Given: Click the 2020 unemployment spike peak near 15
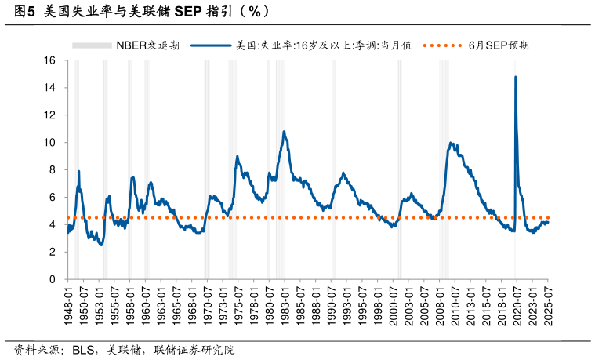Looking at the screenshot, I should click(515, 77).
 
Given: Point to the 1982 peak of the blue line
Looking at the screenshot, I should click(284, 132).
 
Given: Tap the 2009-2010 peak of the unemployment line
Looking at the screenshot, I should click(451, 144).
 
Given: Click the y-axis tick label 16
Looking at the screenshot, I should click(49, 60).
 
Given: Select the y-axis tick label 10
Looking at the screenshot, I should click(49, 143).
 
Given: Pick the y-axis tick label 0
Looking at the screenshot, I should click(53, 279).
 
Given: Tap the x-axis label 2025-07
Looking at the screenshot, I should click(548, 306).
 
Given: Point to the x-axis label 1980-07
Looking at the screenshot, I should click(270, 306).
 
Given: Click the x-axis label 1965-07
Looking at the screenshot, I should click(177, 306).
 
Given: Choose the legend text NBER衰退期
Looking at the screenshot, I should click(147, 45).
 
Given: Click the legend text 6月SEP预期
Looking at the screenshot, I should click(499, 45).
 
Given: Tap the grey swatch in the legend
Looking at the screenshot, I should click(92, 45).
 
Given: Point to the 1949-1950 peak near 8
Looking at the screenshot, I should click(79, 171).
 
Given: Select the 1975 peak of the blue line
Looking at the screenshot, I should click(237, 157).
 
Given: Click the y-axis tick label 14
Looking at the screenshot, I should click(49, 88).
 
